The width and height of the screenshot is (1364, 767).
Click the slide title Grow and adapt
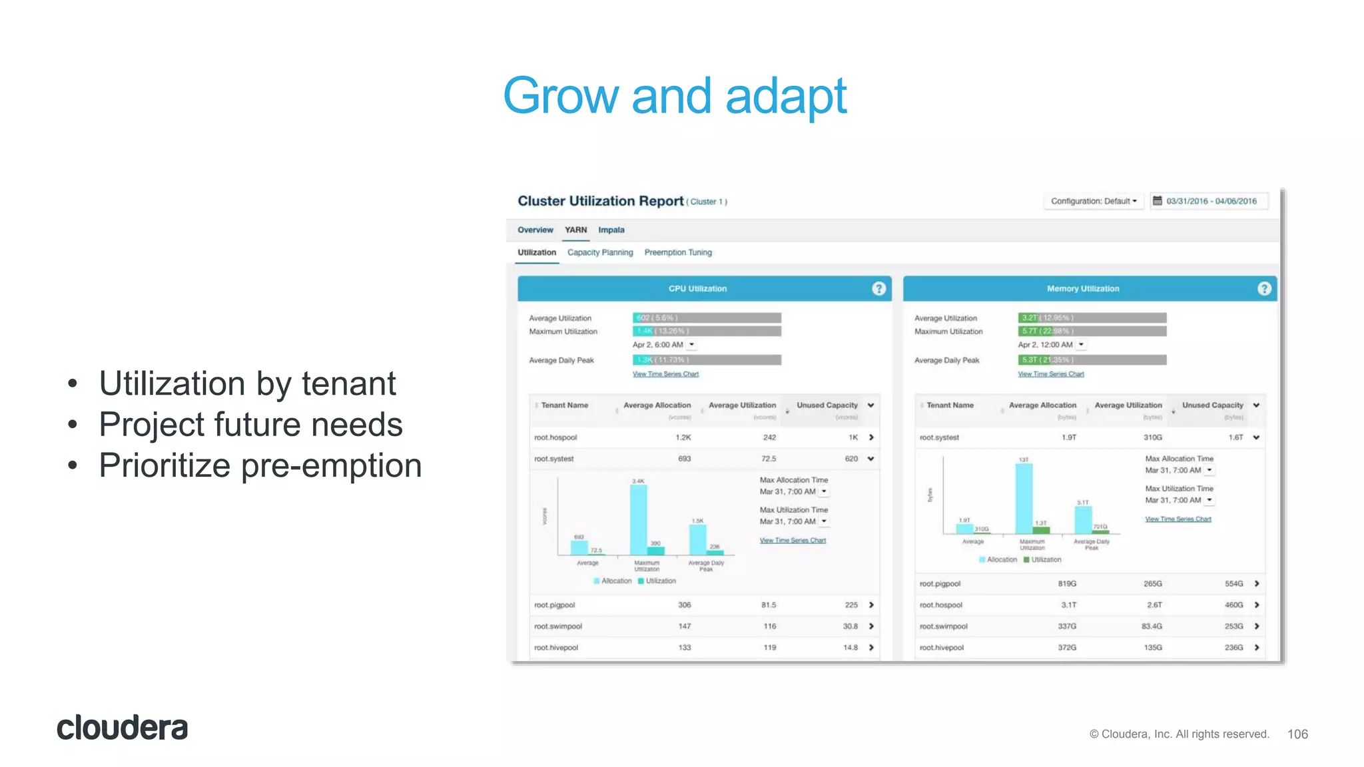(x=674, y=96)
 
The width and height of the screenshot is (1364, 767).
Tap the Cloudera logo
(x=123, y=728)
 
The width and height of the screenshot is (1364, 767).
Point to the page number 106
(x=1297, y=734)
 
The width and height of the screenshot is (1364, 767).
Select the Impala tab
(x=611, y=230)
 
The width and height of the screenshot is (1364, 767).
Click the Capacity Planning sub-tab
(x=600, y=252)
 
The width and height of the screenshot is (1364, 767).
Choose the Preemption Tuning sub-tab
(x=678, y=252)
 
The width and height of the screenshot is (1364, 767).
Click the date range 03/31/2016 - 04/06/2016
(x=1210, y=201)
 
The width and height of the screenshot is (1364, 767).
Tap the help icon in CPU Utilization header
(x=878, y=288)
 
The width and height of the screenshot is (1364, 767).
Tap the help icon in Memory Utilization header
(x=1264, y=288)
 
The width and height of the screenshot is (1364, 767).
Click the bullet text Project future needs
(x=250, y=425)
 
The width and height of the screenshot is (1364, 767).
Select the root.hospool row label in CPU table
(x=555, y=437)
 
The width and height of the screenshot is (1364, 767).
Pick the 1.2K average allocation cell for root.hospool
(x=683, y=437)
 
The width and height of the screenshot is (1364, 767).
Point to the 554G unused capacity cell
(x=1233, y=584)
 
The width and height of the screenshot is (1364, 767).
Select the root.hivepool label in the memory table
(x=941, y=648)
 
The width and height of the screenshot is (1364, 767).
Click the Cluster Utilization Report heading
(x=601, y=201)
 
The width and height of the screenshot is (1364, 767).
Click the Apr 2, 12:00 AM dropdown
(x=1051, y=345)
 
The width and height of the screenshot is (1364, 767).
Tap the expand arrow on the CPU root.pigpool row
(x=871, y=605)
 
